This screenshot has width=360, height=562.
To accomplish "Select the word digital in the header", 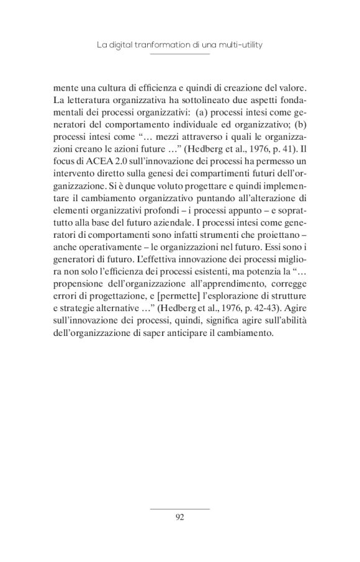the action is point(128,45).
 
